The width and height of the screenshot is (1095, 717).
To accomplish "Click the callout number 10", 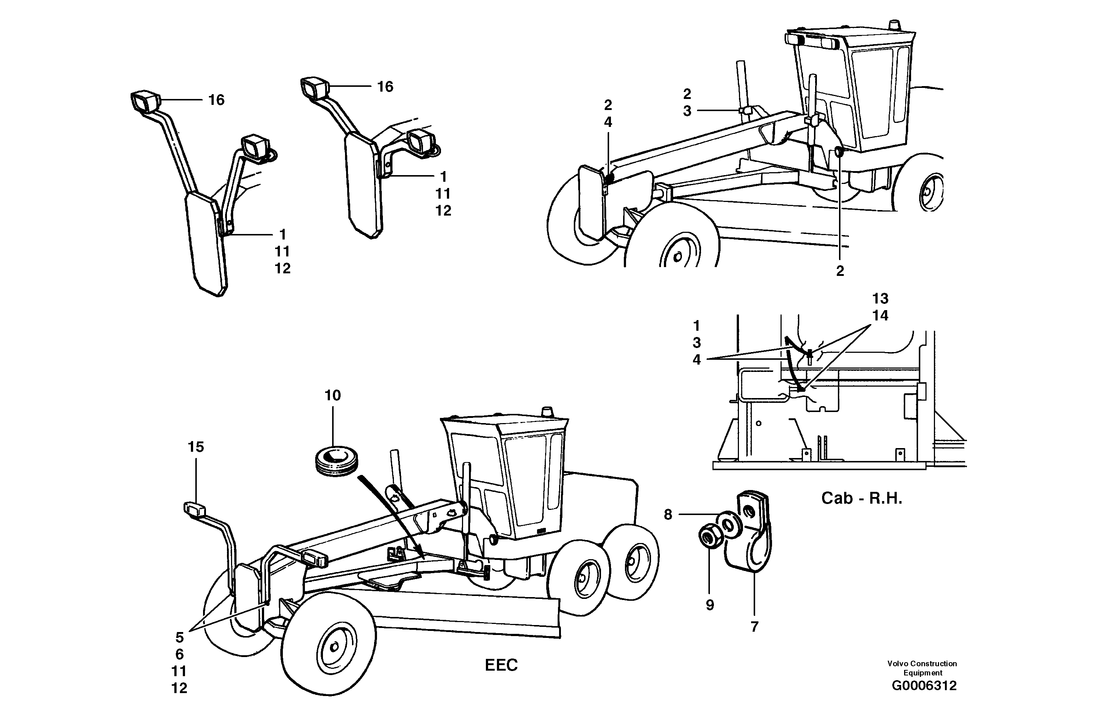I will (x=333, y=395).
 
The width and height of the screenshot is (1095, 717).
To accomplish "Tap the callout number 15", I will (x=196, y=447).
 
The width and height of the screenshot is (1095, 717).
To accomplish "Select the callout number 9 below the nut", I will (x=710, y=605).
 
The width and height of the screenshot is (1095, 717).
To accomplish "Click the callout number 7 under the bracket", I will (x=754, y=627).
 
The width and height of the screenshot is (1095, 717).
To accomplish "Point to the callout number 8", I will (x=668, y=515).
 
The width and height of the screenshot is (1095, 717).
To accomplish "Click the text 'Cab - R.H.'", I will (x=862, y=498).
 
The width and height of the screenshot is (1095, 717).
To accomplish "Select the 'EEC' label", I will (x=501, y=665).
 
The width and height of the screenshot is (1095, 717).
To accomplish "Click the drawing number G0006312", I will (x=924, y=699).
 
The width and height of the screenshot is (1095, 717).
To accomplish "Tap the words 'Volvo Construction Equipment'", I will (x=922, y=668).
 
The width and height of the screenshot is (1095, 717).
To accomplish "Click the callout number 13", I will (x=880, y=299).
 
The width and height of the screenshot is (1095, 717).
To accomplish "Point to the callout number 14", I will (x=880, y=316).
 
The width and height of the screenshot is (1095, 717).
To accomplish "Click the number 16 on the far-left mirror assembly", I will (x=216, y=100).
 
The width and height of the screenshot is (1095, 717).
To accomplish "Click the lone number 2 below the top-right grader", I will (x=840, y=271).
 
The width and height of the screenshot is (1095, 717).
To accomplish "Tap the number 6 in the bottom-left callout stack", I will (x=179, y=654).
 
